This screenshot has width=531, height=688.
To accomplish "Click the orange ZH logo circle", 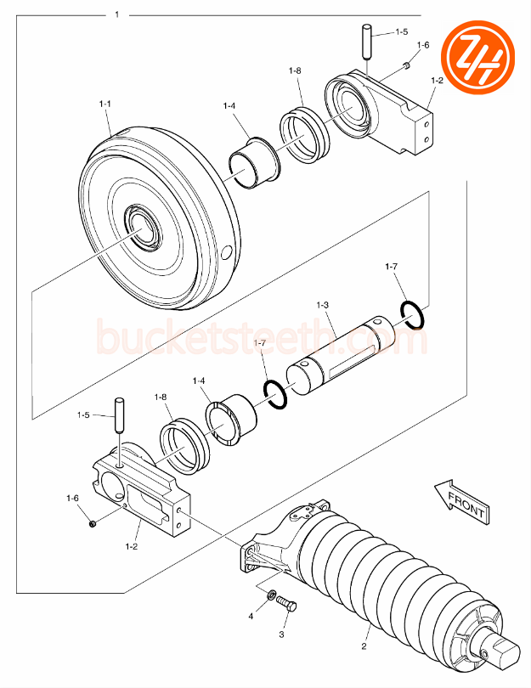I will [x=483, y=60].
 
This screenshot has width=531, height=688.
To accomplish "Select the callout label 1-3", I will [x=323, y=304].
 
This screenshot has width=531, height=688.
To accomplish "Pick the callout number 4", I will [x=251, y=614].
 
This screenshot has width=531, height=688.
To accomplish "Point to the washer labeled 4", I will [x=271, y=595].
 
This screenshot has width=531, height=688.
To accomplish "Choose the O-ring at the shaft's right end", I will [x=412, y=314].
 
